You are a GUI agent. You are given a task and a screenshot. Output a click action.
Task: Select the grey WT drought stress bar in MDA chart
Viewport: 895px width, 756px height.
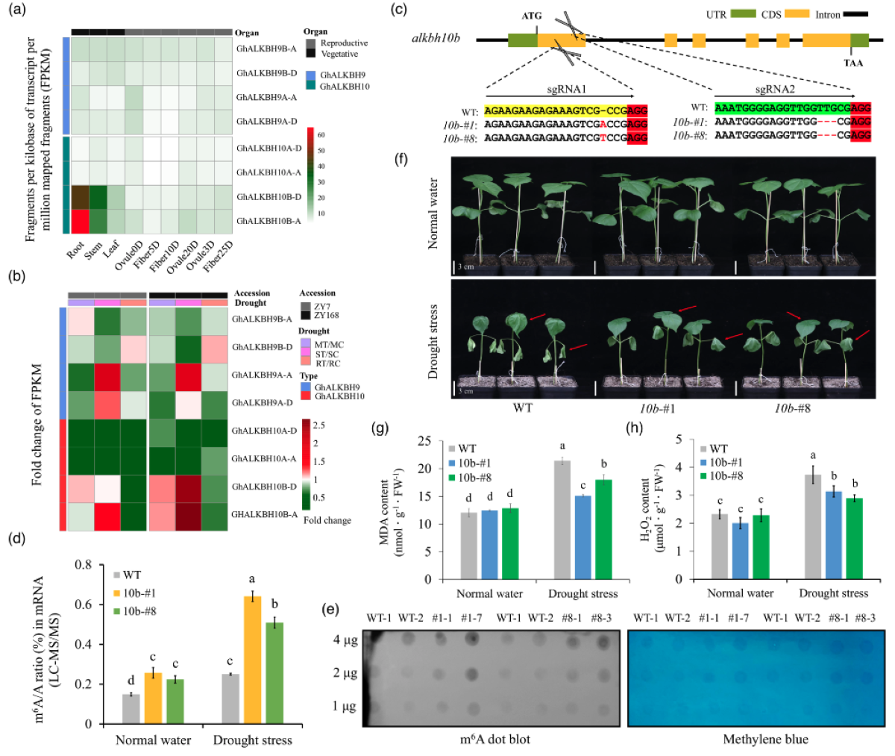[x=562, y=519]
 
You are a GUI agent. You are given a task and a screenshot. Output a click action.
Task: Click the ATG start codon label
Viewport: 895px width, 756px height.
[x=532, y=16]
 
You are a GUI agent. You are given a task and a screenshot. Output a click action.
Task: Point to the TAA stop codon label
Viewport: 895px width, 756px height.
[x=853, y=63]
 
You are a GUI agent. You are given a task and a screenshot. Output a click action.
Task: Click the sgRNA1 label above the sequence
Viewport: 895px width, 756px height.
[x=567, y=89]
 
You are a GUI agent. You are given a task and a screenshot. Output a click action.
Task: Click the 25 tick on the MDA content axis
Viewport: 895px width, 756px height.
[x=424, y=441]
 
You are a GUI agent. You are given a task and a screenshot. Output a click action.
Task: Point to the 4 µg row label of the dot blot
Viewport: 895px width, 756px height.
[x=345, y=640]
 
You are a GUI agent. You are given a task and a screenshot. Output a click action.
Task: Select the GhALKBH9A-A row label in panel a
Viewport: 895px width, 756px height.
[x=266, y=98]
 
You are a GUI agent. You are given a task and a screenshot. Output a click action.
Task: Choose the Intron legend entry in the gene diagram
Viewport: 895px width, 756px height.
[x=827, y=14]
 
